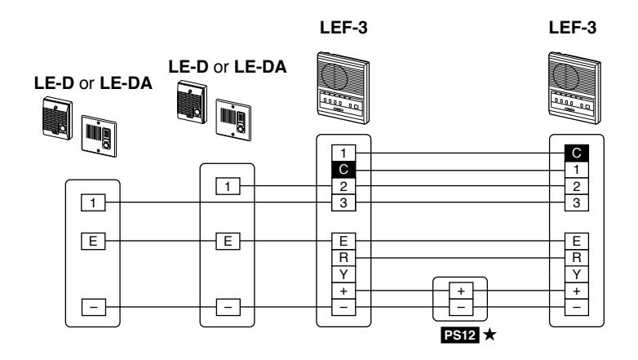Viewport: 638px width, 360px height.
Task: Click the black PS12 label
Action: click(460, 335)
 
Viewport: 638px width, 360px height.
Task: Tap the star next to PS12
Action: click(490, 335)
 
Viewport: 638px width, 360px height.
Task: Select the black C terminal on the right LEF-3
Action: click(577, 153)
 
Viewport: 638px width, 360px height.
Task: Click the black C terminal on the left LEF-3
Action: click(343, 170)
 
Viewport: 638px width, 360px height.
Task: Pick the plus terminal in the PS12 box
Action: click(461, 291)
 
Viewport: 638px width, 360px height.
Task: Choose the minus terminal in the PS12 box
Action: click(461, 307)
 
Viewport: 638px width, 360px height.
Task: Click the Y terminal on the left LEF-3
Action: click(343, 274)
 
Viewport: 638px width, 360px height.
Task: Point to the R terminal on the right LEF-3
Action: click(577, 257)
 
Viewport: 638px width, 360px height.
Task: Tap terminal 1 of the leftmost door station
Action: click(93, 202)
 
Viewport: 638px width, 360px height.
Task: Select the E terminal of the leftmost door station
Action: click(93, 241)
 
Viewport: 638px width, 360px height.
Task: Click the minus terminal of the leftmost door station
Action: click(94, 307)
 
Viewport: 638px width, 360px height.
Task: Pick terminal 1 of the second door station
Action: click(228, 186)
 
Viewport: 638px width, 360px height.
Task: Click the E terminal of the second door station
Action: click(228, 241)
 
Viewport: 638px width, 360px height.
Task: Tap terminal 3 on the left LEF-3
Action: click(343, 202)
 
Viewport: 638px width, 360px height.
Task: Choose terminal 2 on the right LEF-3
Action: click(577, 186)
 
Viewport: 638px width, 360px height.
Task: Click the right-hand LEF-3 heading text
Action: click(573, 28)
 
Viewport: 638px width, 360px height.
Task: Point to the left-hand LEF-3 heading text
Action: click(343, 28)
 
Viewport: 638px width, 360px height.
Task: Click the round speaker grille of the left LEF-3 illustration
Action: click(334, 76)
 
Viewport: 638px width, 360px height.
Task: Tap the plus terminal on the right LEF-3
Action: click(577, 291)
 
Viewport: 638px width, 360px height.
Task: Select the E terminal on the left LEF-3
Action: click(343, 241)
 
